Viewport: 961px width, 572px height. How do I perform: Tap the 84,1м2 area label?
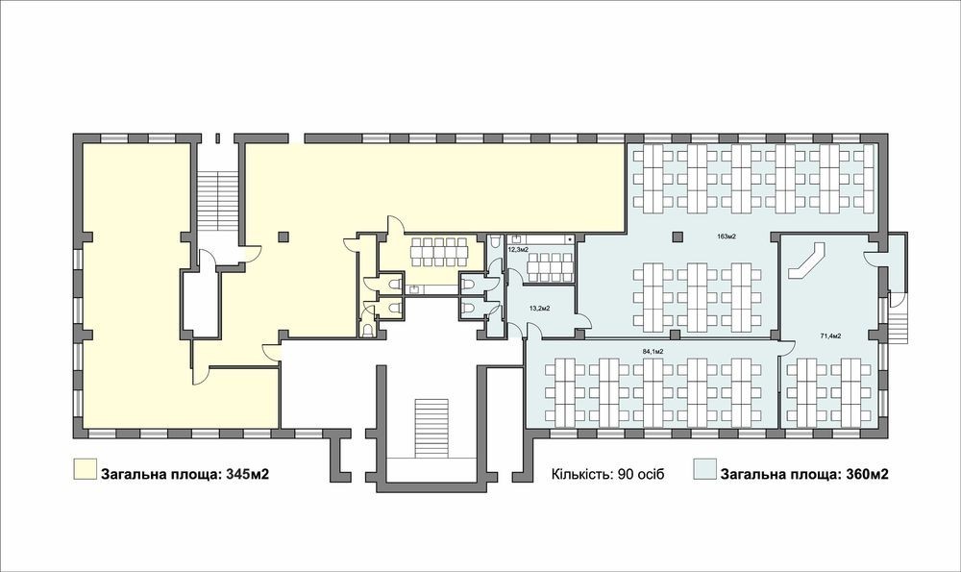[653, 351]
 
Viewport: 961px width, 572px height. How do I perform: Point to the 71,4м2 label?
[830, 336]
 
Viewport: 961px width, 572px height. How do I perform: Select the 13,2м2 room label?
[539, 309]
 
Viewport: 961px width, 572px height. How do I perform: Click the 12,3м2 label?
[518, 250]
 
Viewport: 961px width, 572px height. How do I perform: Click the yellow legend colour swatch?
[85, 468]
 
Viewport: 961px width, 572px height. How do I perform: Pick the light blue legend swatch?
[704, 468]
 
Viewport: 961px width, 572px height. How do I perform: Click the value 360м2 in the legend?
[867, 474]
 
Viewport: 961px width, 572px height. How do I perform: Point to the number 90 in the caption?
[618, 475]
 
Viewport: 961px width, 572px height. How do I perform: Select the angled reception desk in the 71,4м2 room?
[806, 261]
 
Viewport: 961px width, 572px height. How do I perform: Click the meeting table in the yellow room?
[437, 252]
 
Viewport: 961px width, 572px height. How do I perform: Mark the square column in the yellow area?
[283, 236]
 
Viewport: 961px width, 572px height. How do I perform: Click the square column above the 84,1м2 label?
[675, 335]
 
